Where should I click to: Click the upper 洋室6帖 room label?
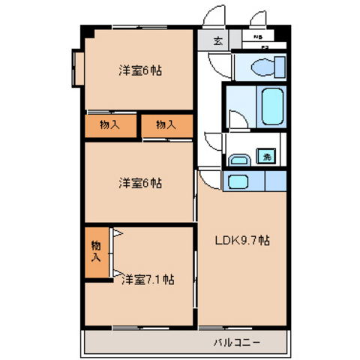tap(140, 71)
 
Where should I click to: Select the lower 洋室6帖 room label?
tap(140, 182)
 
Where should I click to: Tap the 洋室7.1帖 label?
tap(148, 279)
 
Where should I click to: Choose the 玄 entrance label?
tap(217, 41)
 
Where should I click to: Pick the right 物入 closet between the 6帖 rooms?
tap(166, 126)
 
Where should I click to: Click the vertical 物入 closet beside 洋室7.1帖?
tap(95, 252)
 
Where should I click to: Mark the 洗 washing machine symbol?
tap(265, 157)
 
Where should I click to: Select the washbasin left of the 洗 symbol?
tap(240, 158)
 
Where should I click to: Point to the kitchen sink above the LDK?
tap(239, 181)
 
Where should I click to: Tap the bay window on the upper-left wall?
tap(77, 70)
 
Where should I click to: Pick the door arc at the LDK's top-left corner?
tap(205, 179)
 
